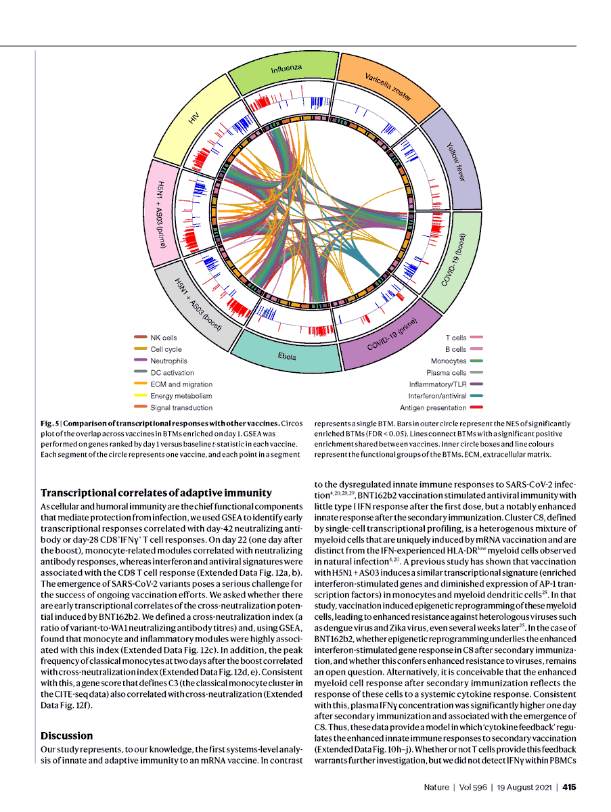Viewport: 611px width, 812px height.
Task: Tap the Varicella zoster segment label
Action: coord(388,86)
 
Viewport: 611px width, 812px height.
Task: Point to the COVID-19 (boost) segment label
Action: coord(453,261)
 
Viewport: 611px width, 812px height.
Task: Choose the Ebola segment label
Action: coord(286,355)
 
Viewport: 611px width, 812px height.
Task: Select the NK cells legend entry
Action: coord(164,338)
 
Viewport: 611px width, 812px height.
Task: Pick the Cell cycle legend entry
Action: coord(166,349)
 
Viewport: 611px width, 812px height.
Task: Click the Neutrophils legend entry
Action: coord(168,361)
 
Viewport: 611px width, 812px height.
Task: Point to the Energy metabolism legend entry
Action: coord(181,396)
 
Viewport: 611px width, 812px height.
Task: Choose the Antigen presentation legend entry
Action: coord(433,407)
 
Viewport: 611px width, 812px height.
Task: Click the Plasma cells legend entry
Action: coord(446,372)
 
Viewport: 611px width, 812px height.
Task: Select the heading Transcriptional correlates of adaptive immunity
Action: coord(156,493)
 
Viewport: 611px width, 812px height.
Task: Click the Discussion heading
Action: coord(67,736)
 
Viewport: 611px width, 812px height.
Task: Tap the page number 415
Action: coord(568,787)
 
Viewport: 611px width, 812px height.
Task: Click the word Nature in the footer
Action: coord(436,787)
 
